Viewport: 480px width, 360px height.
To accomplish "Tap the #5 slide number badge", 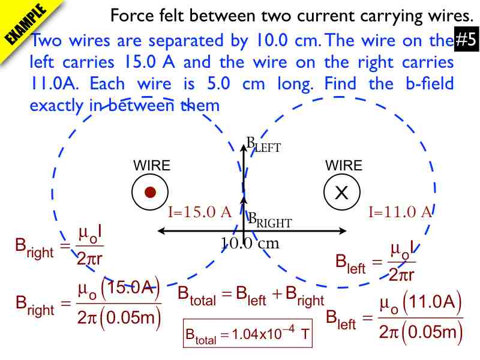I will pyautogui.click(x=466, y=40).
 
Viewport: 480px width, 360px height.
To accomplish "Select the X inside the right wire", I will pyautogui.click(x=341, y=193).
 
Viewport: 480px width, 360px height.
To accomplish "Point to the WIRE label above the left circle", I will pyautogui.click(x=152, y=166).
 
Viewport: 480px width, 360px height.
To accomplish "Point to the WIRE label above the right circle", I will pyautogui.click(x=344, y=166).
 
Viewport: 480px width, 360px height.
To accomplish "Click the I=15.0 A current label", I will pyautogui.click(x=200, y=212).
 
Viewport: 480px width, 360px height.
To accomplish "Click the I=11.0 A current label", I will pyautogui.click(x=400, y=212).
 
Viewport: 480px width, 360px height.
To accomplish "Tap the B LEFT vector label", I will pyautogui.click(x=263, y=144).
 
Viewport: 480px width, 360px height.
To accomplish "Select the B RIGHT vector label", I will pyautogui.click(x=270, y=220).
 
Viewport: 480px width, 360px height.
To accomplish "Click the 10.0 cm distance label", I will pyautogui.click(x=250, y=244).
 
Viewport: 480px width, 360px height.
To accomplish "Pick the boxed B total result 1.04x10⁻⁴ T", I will pyautogui.click(x=247, y=334).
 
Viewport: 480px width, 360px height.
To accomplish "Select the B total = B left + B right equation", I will pyautogui.click(x=251, y=296).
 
